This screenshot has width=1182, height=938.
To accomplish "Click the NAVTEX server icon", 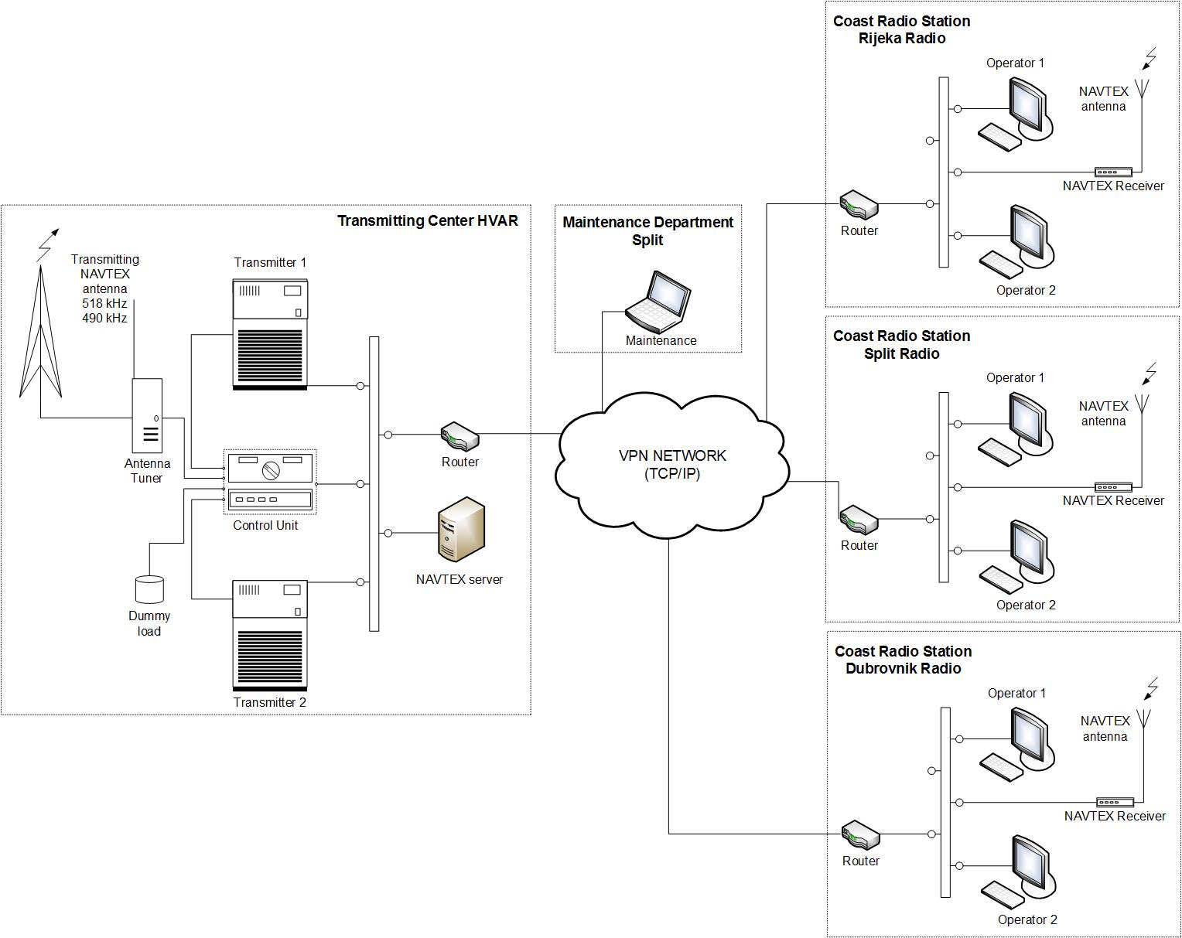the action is (x=461, y=529).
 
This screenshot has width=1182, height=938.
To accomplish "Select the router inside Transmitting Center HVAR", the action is (x=459, y=436).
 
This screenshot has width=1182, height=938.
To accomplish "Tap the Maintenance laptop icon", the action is (x=658, y=302).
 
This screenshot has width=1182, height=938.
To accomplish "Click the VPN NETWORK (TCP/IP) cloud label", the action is (x=672, y=465).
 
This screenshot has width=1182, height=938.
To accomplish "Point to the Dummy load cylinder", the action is (x=149, y=589).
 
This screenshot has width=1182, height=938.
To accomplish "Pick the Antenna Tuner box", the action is (x=147, y=415).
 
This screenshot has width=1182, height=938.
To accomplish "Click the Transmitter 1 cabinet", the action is (x=270, y=335).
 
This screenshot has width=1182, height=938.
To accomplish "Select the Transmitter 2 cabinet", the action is (x=270, y=636).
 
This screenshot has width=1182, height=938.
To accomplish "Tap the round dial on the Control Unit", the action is (x=271, y=471).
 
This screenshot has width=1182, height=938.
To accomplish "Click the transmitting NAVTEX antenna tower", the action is (x=40, y=332).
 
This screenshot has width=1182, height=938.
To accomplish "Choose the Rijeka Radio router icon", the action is (x=859, y=204).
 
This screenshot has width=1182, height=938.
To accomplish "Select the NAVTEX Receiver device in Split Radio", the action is (x=1113, y=487).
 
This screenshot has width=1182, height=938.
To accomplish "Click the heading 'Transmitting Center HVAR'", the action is (x=427, y=220).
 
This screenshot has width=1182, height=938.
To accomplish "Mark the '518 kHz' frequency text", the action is (x=104, y=303).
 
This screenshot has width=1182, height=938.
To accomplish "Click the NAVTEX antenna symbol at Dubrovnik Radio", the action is (x=1143, y=719).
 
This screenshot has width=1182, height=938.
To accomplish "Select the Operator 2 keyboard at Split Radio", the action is (x=1001, y=579).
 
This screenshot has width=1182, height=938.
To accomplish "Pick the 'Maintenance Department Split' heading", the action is (x=647, y=231).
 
